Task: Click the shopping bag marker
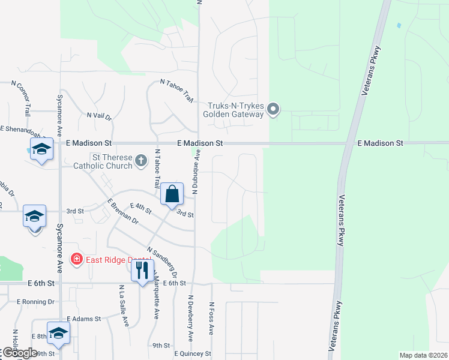pos(172,194)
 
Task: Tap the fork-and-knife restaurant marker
pos(142,271)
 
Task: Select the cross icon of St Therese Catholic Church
pos(140,160)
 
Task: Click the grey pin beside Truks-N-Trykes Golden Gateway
pos(273,109)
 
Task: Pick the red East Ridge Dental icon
pos(76,259)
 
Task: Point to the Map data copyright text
pos(423,355)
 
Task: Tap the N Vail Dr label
pos(99,116)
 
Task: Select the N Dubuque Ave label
pos(196,172)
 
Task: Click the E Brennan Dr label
pos(123,212)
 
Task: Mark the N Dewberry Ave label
pos(191,319)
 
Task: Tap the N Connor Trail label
pos(22,99)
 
